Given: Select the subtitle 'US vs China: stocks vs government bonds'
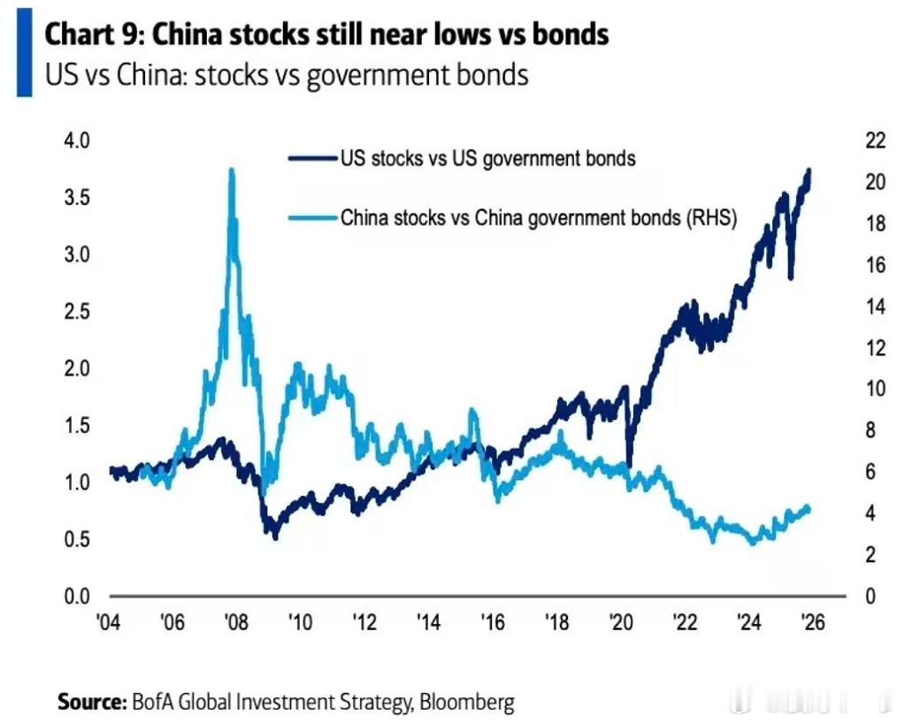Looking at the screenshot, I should click(287, 74).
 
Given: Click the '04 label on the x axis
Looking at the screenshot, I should click(109, 622).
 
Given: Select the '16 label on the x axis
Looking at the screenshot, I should click(493, 622).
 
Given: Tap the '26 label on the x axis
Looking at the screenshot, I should click(811, 622).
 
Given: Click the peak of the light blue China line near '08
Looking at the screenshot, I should click(232, 170).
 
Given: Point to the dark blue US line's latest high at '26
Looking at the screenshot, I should click(808, 171).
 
